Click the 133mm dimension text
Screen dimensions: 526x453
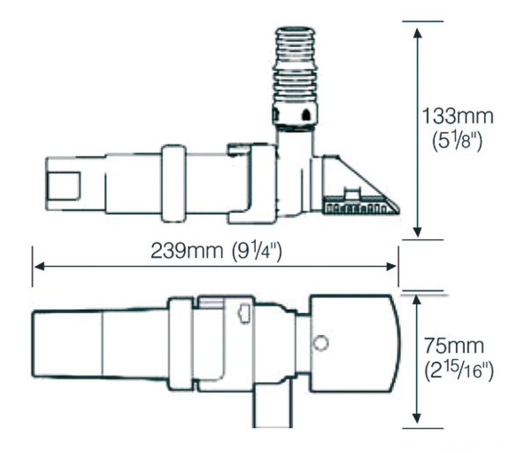pyautogui.click(x=457, y=116)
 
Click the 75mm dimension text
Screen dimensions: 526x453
pyautogui.click(x=454, y=346)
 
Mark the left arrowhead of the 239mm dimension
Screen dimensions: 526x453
pyautogui.click(x=39, y=267)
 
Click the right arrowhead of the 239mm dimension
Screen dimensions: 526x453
pyautogui.click(x=391, y=267)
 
